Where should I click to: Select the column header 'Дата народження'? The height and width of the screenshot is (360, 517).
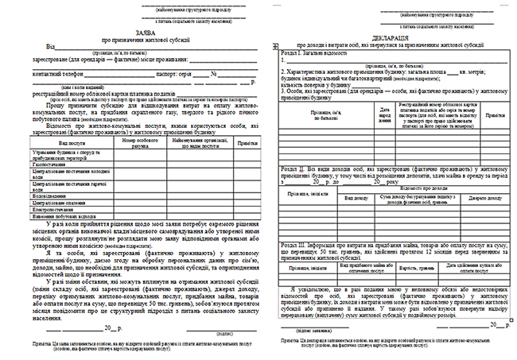click(x=363, y=115)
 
